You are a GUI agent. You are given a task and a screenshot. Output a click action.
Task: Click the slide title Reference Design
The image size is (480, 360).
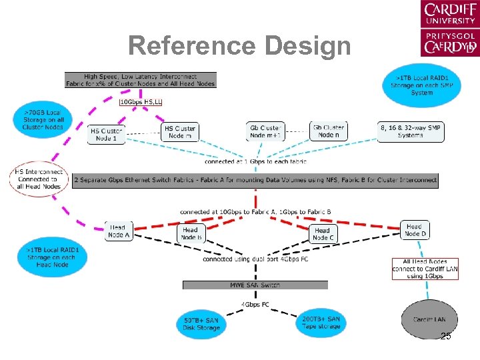coord(239,46)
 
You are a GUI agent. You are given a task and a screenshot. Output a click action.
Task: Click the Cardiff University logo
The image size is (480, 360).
coord(449,28)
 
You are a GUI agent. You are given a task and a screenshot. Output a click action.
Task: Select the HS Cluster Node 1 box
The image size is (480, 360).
coord(107,134)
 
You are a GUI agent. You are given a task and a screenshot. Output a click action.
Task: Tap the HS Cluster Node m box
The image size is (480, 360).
coord(180,131)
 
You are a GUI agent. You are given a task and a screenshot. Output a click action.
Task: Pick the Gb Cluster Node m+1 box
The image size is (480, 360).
coord(266,131)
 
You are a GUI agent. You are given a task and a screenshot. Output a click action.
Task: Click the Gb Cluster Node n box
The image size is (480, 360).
coord(328,131)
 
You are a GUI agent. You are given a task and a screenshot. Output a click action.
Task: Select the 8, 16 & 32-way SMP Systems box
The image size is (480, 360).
coord(410,131)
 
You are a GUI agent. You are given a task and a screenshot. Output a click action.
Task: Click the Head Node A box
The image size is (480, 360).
coord(118,231)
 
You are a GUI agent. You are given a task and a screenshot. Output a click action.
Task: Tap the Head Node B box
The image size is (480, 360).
coord(190,233)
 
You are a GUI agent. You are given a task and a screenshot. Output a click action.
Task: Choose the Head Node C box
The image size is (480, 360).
coord(322,233)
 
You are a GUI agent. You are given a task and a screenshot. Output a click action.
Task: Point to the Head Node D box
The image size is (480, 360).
coord(414,230)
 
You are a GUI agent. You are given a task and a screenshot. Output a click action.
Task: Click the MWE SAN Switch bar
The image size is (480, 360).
coord(255,285)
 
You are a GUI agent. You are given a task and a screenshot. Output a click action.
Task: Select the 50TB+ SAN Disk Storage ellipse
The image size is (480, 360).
coord(201,324)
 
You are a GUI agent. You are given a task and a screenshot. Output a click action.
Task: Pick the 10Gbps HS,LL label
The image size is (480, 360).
coord(141,101)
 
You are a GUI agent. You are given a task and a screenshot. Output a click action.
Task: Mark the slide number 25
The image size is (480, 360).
coord(445,337)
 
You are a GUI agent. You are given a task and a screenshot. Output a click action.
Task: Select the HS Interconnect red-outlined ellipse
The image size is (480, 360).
coord(39,179)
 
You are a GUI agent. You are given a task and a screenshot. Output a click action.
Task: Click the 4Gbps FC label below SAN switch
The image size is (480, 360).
coord(255,305)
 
